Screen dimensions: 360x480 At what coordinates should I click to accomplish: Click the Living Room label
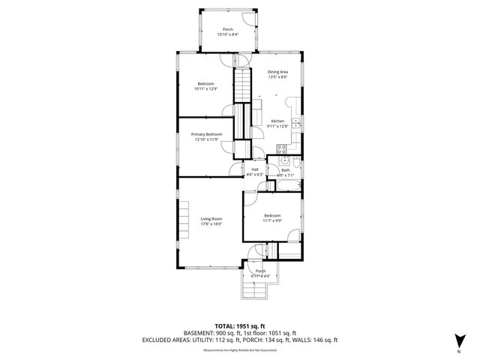211,218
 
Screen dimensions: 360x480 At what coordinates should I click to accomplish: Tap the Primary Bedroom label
206,133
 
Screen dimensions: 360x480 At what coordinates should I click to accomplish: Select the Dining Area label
277,71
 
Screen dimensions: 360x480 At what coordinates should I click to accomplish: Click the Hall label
255,169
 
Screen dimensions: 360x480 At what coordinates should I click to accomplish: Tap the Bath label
286,170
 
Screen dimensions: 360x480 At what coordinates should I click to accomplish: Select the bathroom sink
284,160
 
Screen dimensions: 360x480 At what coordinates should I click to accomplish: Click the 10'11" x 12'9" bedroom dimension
206,88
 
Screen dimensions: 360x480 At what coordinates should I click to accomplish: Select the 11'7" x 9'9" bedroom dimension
271,220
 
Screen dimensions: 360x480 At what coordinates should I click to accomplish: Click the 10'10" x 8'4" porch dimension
227,34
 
